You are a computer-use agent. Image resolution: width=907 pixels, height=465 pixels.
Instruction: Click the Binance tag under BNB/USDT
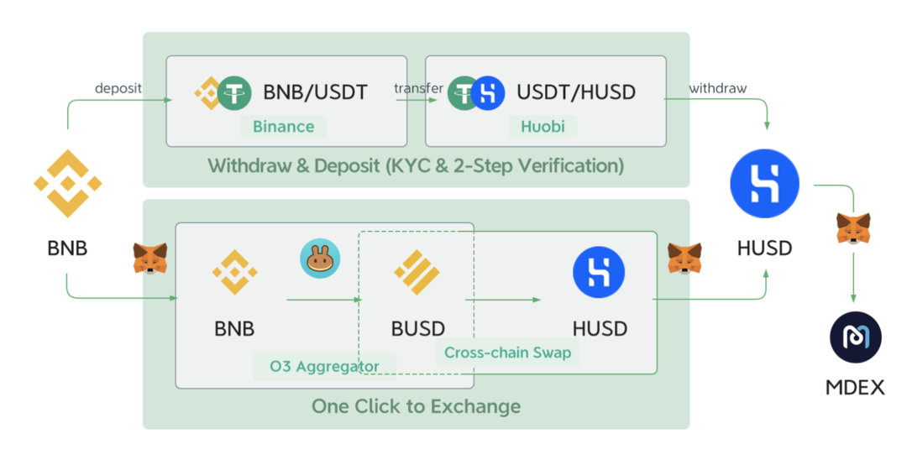tap(284, 127)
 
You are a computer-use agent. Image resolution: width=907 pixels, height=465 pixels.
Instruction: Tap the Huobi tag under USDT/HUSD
tap(543, 127)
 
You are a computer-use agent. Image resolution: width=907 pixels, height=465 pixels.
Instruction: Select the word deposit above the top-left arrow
tap(118, 88)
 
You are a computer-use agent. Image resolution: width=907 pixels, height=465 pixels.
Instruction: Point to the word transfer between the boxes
tap(419, 88)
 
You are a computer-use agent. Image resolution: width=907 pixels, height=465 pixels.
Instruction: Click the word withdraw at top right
tap(717, 88)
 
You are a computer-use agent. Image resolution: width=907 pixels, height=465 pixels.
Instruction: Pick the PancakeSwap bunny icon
tap(320, 259)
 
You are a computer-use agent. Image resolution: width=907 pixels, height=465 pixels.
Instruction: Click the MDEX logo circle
tap(855, 336)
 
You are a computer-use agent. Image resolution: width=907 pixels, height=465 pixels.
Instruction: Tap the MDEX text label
tap(855, 388)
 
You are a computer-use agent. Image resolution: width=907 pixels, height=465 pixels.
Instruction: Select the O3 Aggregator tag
tap(324, 366)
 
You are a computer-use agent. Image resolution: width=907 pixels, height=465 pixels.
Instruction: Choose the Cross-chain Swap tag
tap(507, 353)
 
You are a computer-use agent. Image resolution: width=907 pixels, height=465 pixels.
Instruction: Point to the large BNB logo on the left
tap(67, 183)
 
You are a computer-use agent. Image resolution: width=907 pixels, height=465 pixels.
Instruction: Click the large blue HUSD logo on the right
tap(764, 184)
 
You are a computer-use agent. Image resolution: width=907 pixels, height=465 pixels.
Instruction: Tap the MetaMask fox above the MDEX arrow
tap(853, 228)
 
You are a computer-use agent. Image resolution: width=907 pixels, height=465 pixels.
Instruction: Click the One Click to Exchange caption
tap(416, 407)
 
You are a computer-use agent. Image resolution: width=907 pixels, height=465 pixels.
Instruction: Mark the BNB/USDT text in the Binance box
tap(315, 92)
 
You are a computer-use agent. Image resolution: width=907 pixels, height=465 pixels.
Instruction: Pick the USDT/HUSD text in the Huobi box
tap(576, 92)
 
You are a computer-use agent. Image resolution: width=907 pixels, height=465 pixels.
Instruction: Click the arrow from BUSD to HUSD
tap(502, 299)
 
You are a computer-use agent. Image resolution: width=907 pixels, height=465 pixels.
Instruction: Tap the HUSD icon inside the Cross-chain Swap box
tap(599, 274)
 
